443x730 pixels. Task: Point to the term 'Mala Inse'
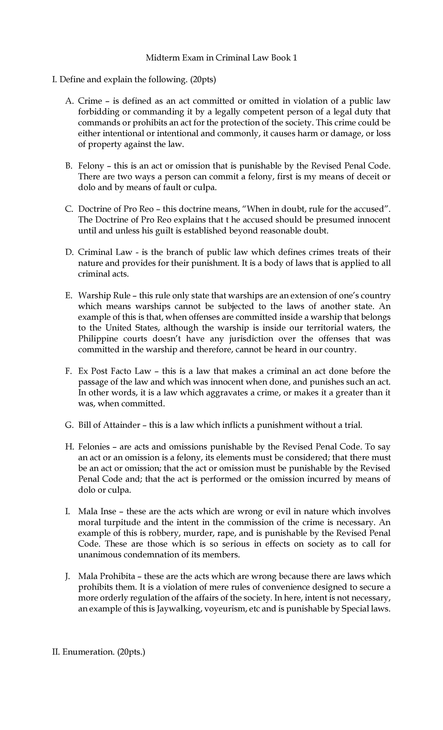[97, 512]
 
